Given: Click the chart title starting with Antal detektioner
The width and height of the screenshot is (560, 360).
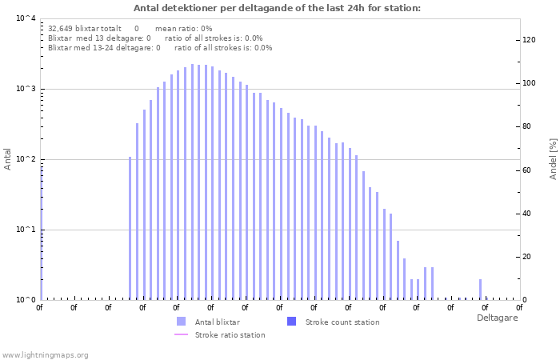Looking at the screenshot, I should click(x=277, y=8).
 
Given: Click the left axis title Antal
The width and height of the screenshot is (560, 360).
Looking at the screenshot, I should click(x=8, y=158).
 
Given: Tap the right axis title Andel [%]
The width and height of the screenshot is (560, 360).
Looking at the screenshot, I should click(x=553, y=158).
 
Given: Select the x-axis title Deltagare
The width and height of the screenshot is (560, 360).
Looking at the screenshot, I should click(x=497, y=318).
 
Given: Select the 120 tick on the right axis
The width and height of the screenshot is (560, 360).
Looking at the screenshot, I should click(x=529, y=40).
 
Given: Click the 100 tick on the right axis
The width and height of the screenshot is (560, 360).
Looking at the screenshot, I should click(x=529, y=83).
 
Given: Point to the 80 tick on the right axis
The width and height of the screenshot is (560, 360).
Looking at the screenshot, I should click(x=526, y=126).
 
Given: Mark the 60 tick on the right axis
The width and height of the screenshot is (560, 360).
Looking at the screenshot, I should click(x=526, y=170).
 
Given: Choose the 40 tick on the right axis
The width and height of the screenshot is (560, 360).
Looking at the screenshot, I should click(x=526, y=214).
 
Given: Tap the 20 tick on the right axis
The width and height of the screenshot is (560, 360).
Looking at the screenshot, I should click(x=526, y=257).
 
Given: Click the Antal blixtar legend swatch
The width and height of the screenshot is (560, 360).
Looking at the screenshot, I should click(x=181, y=322).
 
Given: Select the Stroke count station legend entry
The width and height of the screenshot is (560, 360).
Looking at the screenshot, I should click(x=342, y=322).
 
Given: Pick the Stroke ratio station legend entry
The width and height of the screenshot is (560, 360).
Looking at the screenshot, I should click(x=230, y=334).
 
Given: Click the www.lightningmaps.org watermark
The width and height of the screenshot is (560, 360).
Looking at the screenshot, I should click(x=45, y=354).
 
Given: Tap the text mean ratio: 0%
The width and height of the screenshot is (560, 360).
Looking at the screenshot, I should click(x=183, y=28).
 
